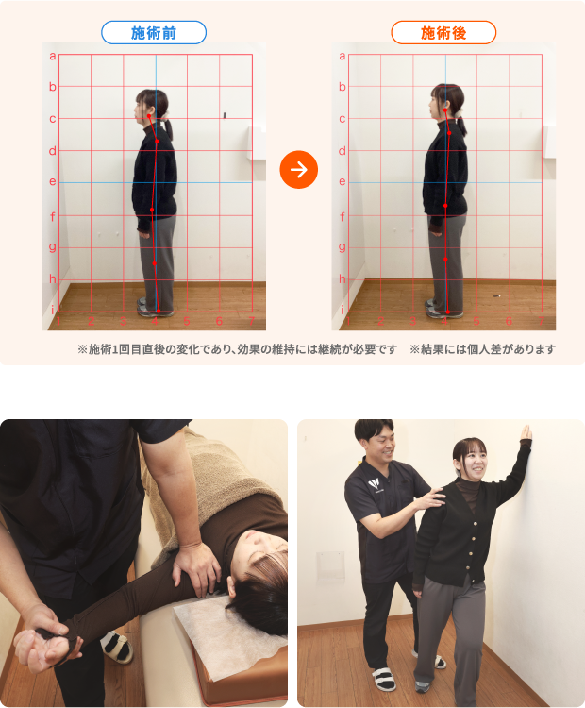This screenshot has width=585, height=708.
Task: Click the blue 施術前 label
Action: pyautogui.click(x=154, y=32)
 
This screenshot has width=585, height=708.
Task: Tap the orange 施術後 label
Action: pyautogui.click(x=443, y=32)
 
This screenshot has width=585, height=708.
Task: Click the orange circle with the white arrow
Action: pyautogui.click(x=299, y=169)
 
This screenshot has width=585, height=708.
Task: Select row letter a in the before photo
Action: pyautogui.click(x=53, y=56)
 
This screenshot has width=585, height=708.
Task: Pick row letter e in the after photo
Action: pyautogui.click(x=343, y=181)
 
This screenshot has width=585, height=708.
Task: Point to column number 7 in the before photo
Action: pyautogui.click(x=251, y=321)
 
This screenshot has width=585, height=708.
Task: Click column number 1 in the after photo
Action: pyautogui.click(x=348, y=321)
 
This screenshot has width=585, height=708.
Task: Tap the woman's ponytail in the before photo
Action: pyautogui.click(x=168, y=128)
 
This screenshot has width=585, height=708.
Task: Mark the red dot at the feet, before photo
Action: pyautogui.click(x=158, y=311)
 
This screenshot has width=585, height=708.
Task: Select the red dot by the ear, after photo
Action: pyautogui.click(x=445, y=110)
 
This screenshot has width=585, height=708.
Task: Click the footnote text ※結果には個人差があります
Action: pyautogui.click(x=482, y=349)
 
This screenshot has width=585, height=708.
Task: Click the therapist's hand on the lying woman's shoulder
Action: pyautogui.click(x=196, y=567)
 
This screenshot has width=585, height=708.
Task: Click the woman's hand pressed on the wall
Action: pyautogui.click(x=526, y=433)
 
